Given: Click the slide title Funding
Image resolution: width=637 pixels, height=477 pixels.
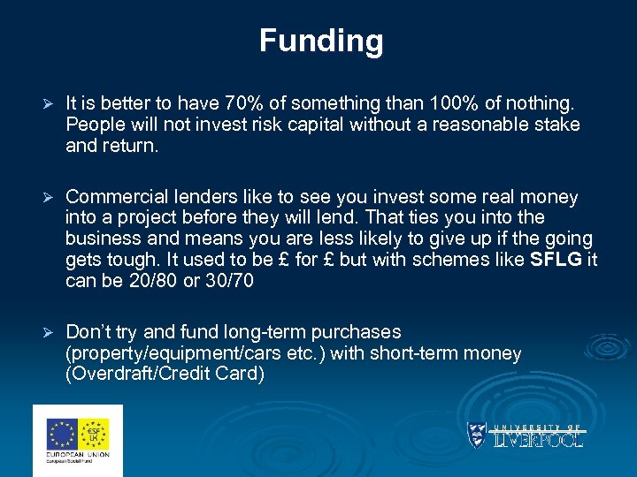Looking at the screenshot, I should coord(321,41).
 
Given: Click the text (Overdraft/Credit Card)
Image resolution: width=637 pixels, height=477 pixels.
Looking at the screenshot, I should coord(165,374).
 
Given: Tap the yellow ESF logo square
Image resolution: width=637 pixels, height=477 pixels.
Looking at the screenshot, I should coord(102,434).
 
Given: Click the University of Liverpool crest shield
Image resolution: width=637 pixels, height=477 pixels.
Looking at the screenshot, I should coord(478,435).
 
